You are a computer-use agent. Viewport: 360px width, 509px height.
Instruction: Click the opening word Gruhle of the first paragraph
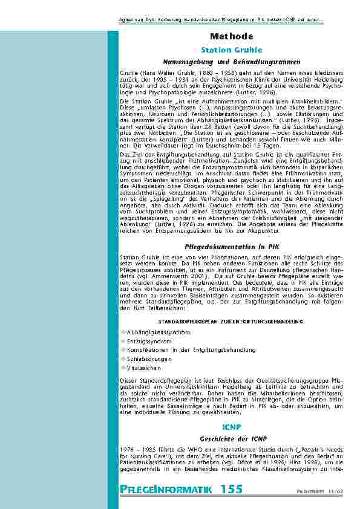129,71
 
